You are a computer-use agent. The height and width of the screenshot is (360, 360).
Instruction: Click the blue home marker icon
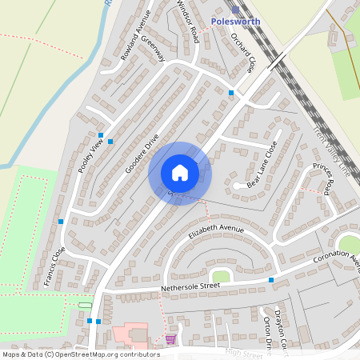pos(180,173)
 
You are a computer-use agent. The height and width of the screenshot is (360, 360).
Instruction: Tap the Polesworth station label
pos(235,21)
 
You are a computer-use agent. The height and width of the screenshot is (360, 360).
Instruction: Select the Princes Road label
pos(324,181)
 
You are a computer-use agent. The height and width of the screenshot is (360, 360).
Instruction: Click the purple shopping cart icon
pos(170,339)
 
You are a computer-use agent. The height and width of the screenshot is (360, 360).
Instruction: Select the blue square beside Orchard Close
pos(231,94)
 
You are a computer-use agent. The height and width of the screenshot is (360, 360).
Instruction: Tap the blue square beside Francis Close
pos(61,221)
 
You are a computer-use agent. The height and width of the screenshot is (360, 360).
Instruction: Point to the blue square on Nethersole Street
pos(271,280)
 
